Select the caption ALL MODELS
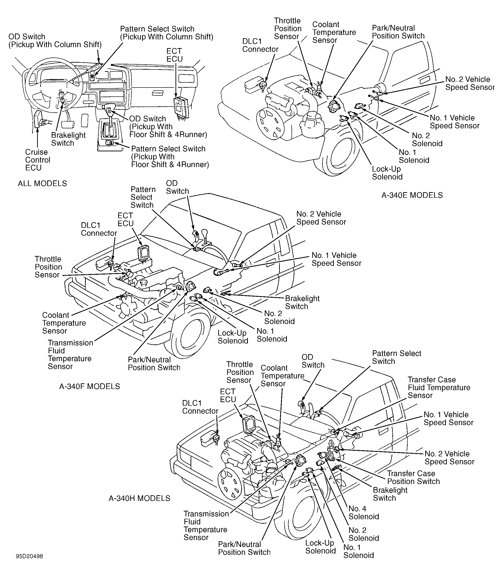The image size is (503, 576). click(x=42, y=183)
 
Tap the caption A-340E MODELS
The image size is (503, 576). click(x=412, y=195)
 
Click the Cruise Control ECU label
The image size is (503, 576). click(x=38, y=160)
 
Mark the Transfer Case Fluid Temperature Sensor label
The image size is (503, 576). click(x=439, y=388)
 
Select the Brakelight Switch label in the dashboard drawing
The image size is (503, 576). click(x=68, y=139)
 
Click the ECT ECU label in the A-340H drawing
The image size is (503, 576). click(x=228, y=396)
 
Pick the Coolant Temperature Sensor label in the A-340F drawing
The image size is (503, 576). click(x=64, y=323)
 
